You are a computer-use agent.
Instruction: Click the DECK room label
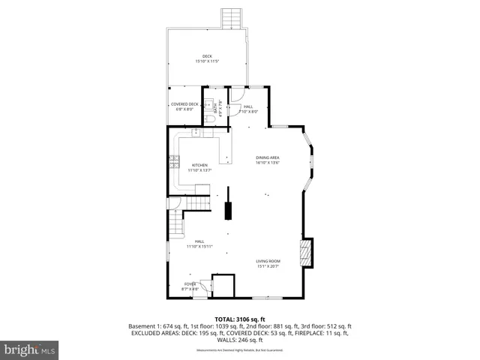pyautogui.click(x=207, y=56)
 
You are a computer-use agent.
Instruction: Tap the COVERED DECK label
pyautogui.click(x=184, y=104)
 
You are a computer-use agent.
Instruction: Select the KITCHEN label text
pyautogui.click(x=199, y=165)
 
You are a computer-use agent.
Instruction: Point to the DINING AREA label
pyautogui.click(x=267, y=157)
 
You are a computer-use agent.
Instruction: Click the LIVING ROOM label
pyautogui.click(x=268, y=261)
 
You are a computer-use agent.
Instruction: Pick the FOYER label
pyautogui.click(x=190, y=283)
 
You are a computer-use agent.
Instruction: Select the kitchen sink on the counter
pyautogui.click(x=196, y=133)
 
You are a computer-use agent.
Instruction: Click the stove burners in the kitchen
pyautogui.click(x=173, y=159)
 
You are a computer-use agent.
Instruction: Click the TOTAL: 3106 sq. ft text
pyautogui.click(x=240, y=319)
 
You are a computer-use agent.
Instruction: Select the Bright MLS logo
pyautogui.click(x=30, y=349)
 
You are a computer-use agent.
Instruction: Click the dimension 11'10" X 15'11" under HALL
pyautogui.click(x=199, y=246)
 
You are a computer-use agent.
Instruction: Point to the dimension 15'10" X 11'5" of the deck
pyautogui.click(x=207, y=61)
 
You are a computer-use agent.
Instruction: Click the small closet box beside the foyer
pyautogui.click(x=223, y=286)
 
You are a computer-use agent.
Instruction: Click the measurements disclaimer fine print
pyautogui.click(x=240, y=350)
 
